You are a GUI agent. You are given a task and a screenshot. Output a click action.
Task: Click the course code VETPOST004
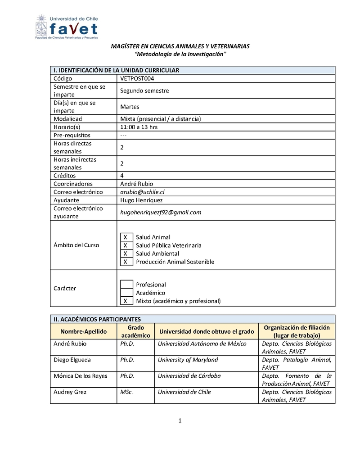(x=138, y=78)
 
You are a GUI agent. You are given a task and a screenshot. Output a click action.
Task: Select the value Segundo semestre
(x=144, y=90)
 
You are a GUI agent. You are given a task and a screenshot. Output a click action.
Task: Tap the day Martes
(x=130, y=107)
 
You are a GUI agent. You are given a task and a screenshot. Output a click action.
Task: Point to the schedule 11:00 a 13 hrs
(x=139, y=127)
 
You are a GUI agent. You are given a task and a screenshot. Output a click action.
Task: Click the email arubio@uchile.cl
(x=142, y=192)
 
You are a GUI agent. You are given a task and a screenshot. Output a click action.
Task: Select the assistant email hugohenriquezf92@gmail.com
(x=161, y=212)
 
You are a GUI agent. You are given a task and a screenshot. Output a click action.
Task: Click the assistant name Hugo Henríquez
(x=141, y=200)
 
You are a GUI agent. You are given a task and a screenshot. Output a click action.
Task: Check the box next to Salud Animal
(x=126, y=237)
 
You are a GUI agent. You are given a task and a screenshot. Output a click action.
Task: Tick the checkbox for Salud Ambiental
(x=126, y=253)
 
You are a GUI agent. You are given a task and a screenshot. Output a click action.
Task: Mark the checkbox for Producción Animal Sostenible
(x=126, y=262)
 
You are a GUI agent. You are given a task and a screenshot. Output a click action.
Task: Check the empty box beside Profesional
(x=126, y=285)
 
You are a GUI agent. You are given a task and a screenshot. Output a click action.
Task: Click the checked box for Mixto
(x=126, y=301)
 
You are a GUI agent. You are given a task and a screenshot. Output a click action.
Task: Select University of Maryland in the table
(x=188, y=360)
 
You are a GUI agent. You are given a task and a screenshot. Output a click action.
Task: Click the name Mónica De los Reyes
(x=81, y=376)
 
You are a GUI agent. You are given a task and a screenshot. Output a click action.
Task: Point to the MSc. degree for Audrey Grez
(x=126, y=392)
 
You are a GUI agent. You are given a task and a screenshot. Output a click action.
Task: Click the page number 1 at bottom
(x=180, y=421)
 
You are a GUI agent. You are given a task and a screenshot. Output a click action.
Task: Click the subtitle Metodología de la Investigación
(x=180, y=54)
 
